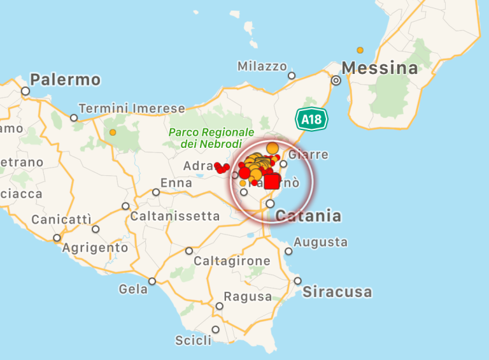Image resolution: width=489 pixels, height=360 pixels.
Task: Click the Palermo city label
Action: tap(66, 80)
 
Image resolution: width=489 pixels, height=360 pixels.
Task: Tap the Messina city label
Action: tap(380, 68)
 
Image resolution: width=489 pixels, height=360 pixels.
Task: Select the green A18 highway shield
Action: tap(311, 119)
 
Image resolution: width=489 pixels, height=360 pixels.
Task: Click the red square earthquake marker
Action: tap(272, 182)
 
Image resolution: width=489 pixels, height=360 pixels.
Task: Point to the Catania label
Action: tap(308, 216)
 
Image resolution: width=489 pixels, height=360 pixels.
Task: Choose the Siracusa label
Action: tap(337, 292)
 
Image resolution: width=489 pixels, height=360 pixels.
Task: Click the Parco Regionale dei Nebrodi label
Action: tap(202, 138)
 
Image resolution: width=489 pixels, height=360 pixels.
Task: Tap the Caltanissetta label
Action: tap(175, 217)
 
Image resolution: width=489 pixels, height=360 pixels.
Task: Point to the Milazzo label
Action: tap(262, 66)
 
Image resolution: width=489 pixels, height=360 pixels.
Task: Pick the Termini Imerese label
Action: tap(122, 108)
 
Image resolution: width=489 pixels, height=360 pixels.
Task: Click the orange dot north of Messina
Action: tap(360, 50)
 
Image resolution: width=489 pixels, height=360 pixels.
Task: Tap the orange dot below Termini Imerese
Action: tap(113, 133)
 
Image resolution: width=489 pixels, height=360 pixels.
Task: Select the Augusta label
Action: tap(321, 242)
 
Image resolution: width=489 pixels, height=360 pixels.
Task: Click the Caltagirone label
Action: tap(232, 261)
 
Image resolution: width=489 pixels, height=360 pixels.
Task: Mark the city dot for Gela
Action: tap(152, 281)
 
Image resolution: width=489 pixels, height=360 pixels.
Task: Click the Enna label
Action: tap(176, 184)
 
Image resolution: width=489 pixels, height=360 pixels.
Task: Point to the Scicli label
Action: tap(193, 340)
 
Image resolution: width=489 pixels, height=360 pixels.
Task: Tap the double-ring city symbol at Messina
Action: tap(336, 81)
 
